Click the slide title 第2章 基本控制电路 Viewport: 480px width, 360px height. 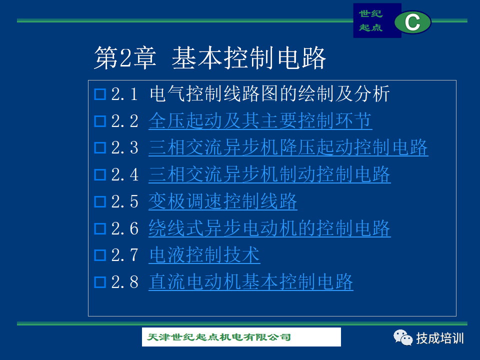[x=209, y=57]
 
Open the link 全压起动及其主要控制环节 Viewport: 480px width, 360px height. [x=260, y=120]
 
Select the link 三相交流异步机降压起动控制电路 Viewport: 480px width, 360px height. [x=288, y=147]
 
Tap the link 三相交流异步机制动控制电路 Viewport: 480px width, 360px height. [x=269, y=174]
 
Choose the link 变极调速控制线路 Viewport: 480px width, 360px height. [x=223, y=201]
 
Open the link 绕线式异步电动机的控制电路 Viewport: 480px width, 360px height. [x=269, y=228]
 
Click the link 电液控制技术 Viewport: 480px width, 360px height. [x=204, y=255]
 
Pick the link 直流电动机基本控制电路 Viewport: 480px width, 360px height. [x=251, y=282]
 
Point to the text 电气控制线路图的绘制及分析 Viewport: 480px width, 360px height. [x=269, y=93]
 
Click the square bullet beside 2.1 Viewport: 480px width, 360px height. [x=100, y=94]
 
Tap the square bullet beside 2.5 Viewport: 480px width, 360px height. [x=100, y=202]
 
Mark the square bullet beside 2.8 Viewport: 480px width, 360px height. [x=100, y=282]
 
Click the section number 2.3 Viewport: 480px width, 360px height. [x=125, y=148]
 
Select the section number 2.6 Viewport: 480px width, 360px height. [x=125, y=228]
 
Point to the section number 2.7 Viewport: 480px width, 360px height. [x=125, y=255]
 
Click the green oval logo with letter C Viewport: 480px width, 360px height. [x=412, y=22]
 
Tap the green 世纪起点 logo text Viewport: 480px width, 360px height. [x=370, y=20]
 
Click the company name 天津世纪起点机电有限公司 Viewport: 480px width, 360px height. [x=219, y=337]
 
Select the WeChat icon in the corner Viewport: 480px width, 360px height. [x=403, y=337]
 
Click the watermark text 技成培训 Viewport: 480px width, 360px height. [x=440, y=338]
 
